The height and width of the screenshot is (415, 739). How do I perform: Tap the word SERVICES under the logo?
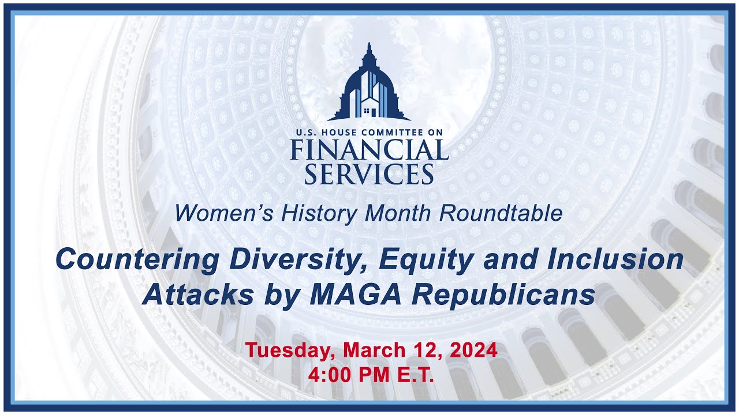coord(369,173)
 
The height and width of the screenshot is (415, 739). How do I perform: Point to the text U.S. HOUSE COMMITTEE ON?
coord(369,133)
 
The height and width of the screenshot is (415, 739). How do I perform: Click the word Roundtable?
coord(501,213)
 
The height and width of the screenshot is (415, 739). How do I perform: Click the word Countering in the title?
coord(137,260)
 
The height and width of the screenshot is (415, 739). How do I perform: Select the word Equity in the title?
coord(425,260)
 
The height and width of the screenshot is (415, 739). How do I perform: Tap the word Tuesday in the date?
coord(290,350)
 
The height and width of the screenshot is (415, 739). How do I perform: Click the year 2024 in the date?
coord(472,350)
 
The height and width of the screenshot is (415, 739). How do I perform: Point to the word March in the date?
coord(374,350)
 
